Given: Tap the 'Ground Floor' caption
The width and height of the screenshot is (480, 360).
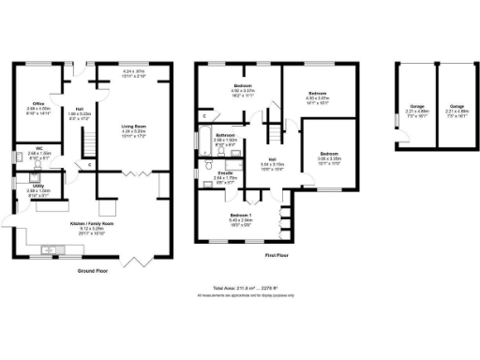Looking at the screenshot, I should pos(93,272).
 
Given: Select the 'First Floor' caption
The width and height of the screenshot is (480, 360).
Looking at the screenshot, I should pos(275,255).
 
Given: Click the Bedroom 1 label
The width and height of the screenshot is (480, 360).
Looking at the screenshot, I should pos(242,216).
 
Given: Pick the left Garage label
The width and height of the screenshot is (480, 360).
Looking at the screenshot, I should pos(414,108).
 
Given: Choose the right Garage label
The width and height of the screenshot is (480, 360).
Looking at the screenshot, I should pos(457,108).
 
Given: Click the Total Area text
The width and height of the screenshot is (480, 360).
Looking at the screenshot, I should pos(246,290).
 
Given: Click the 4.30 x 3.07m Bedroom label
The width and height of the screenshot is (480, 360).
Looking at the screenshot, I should pos(317,95).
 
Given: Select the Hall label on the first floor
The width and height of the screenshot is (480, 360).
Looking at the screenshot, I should pos(273,159).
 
